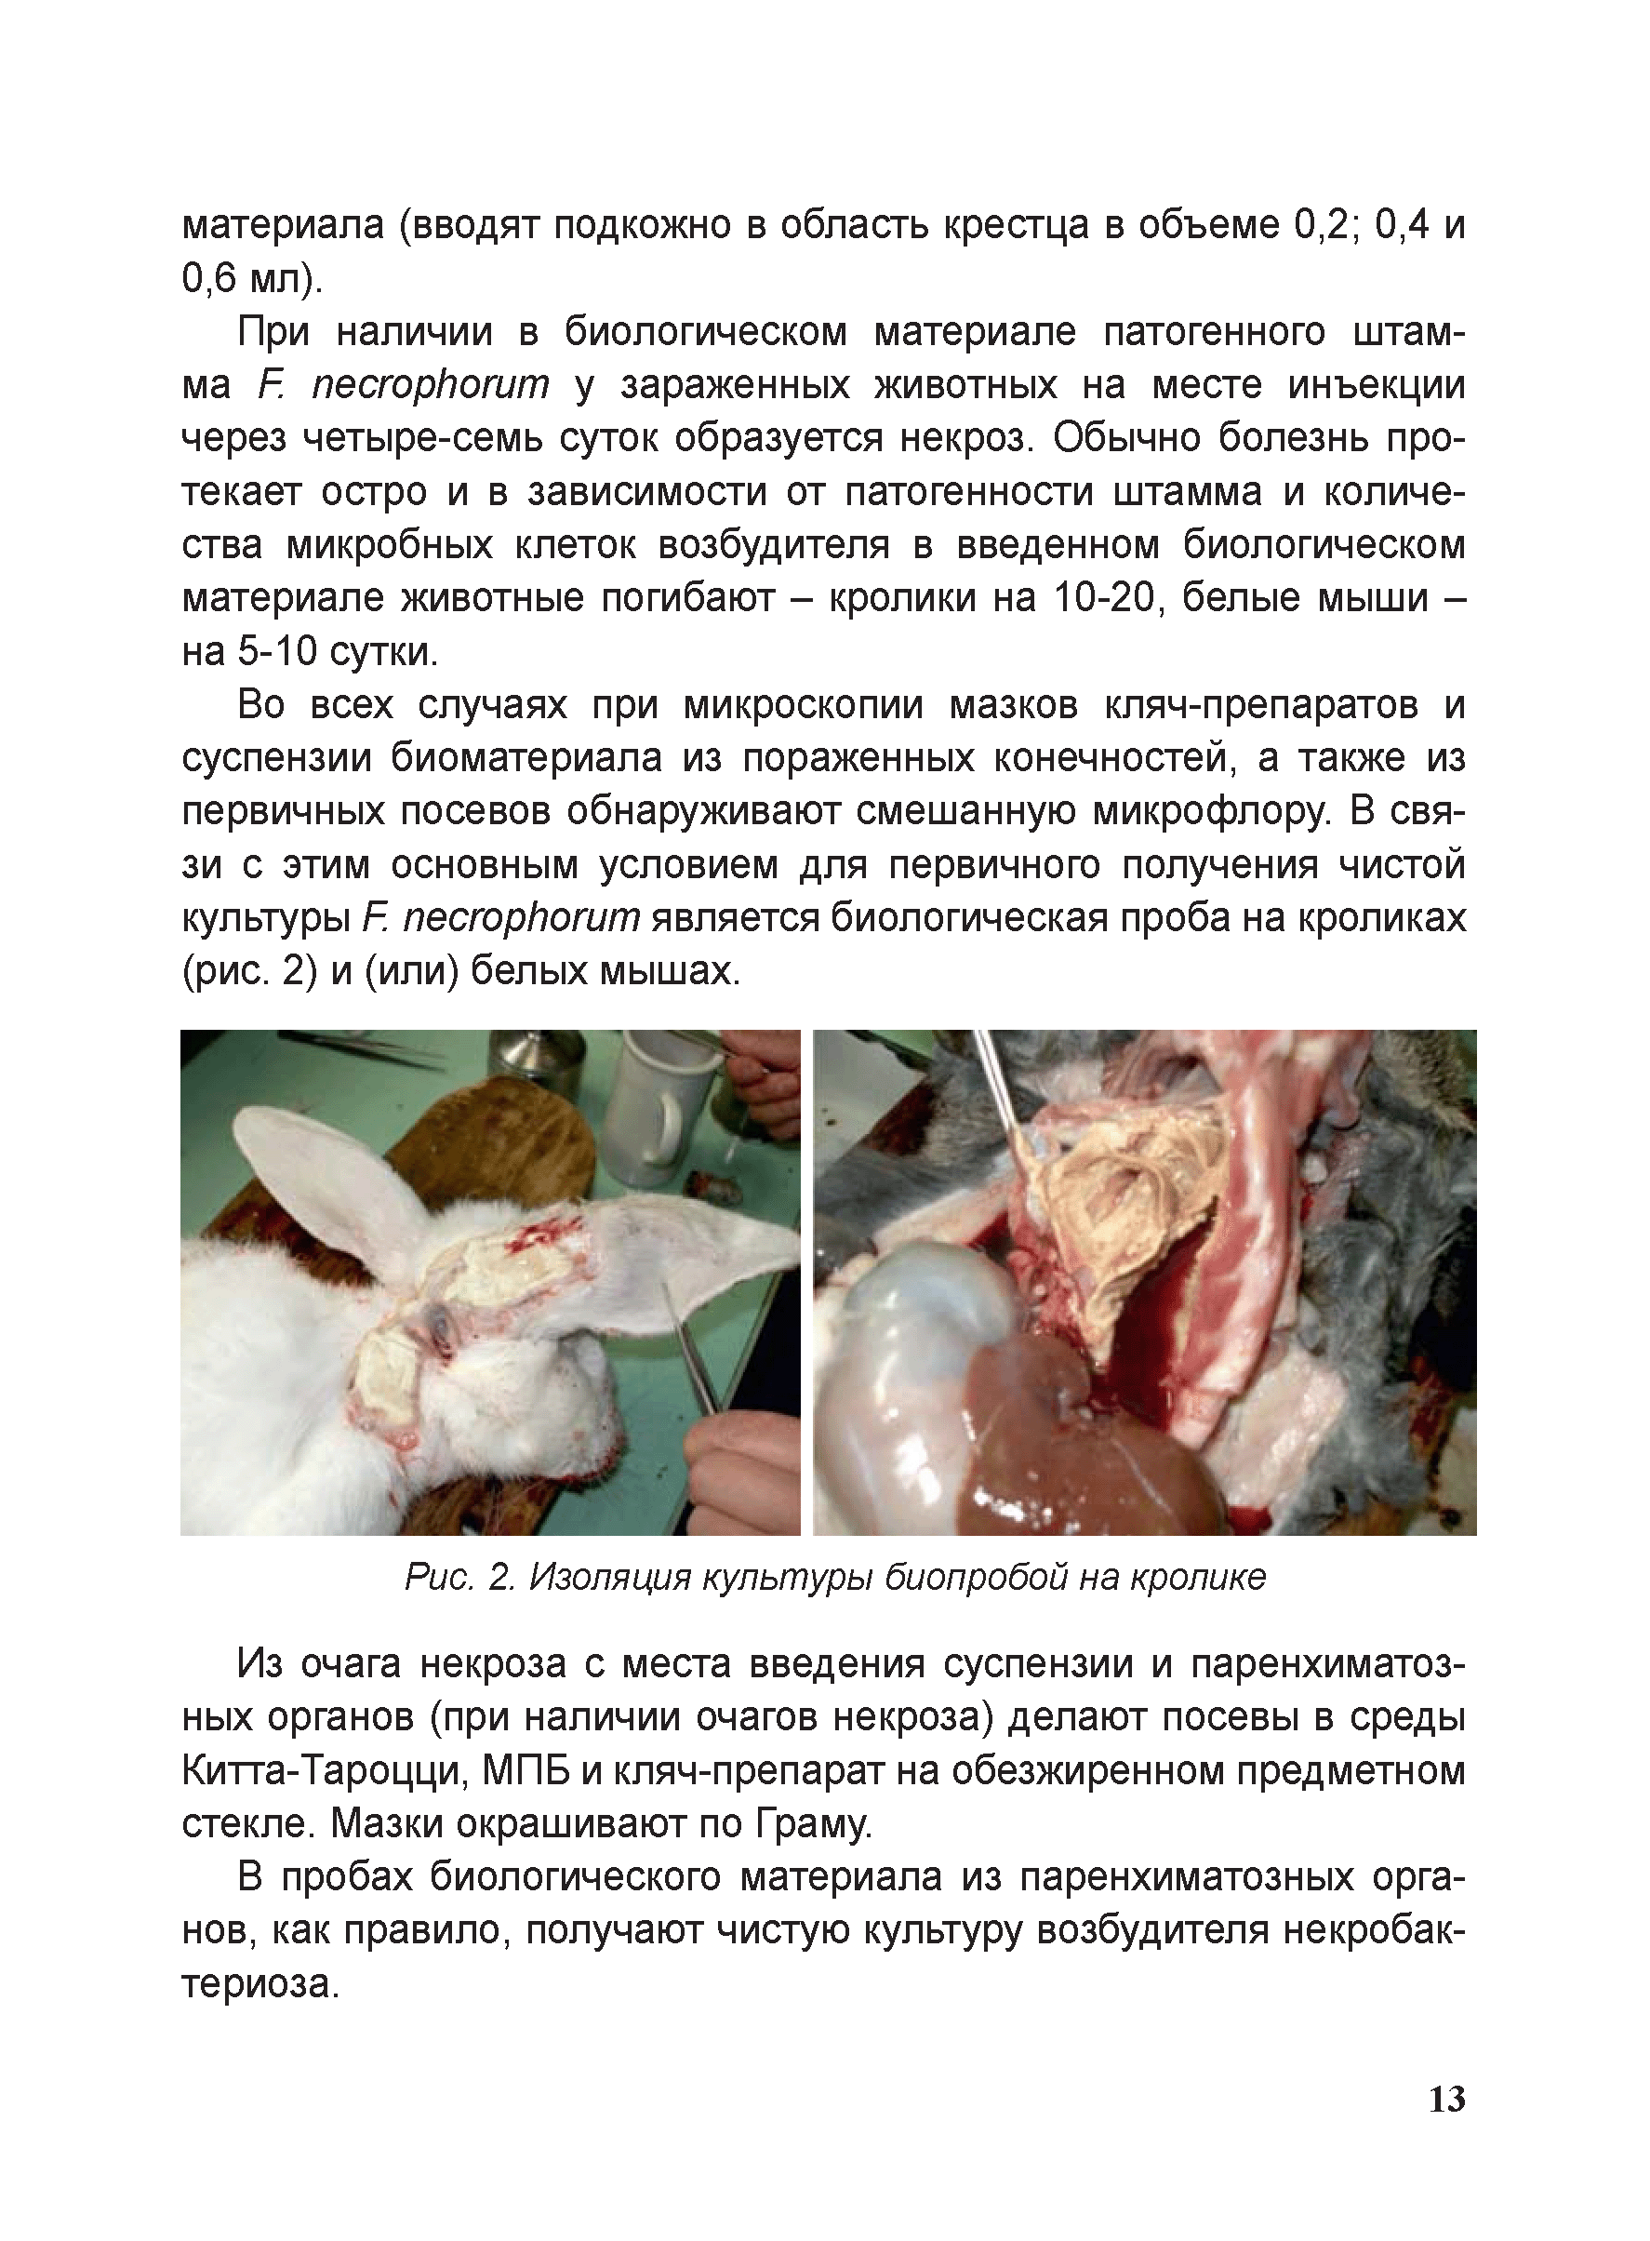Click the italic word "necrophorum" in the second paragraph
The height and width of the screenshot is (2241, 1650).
[430, 384]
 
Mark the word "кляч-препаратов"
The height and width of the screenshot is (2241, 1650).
[1260, 705]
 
